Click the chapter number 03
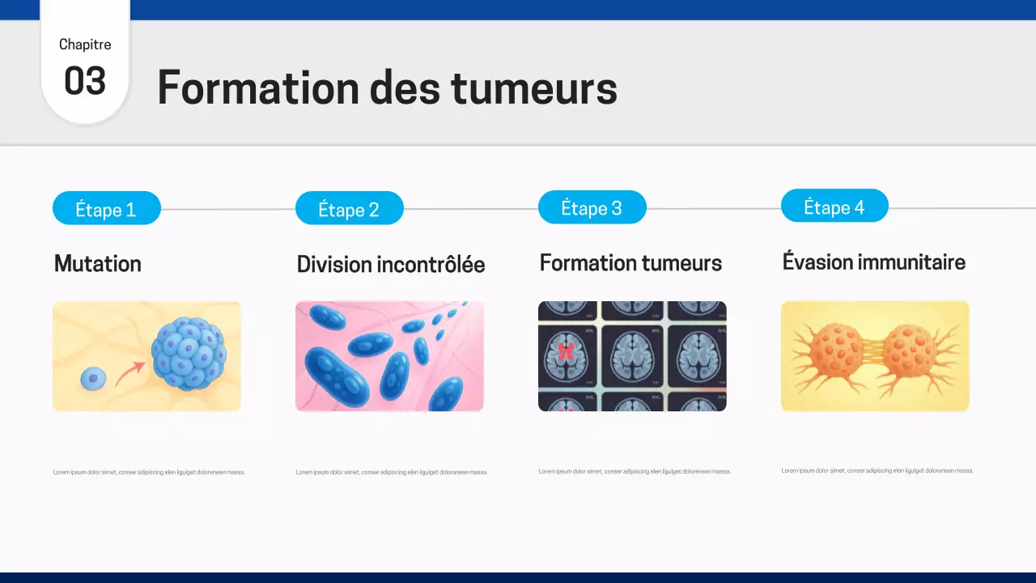click(x=85, y=82)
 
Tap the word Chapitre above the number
click(x=85, y=45)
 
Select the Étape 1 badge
click(x=106, y=209)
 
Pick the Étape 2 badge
click(x=349, y=209)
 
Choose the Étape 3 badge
click(x=592, y=208)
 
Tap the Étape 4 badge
click(x=834, y=206)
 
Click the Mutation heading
click(x=97, y=263)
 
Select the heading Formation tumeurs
click(x=631, y=263)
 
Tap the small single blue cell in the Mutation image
click(x=93, y=377)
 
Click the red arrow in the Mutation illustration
click(x=129, y=373)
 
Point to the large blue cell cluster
click(x=189, y=353)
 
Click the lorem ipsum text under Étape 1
click(x=149, y=472)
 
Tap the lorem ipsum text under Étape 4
click(x=877, y=470)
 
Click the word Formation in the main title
click(x=257, y=87)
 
